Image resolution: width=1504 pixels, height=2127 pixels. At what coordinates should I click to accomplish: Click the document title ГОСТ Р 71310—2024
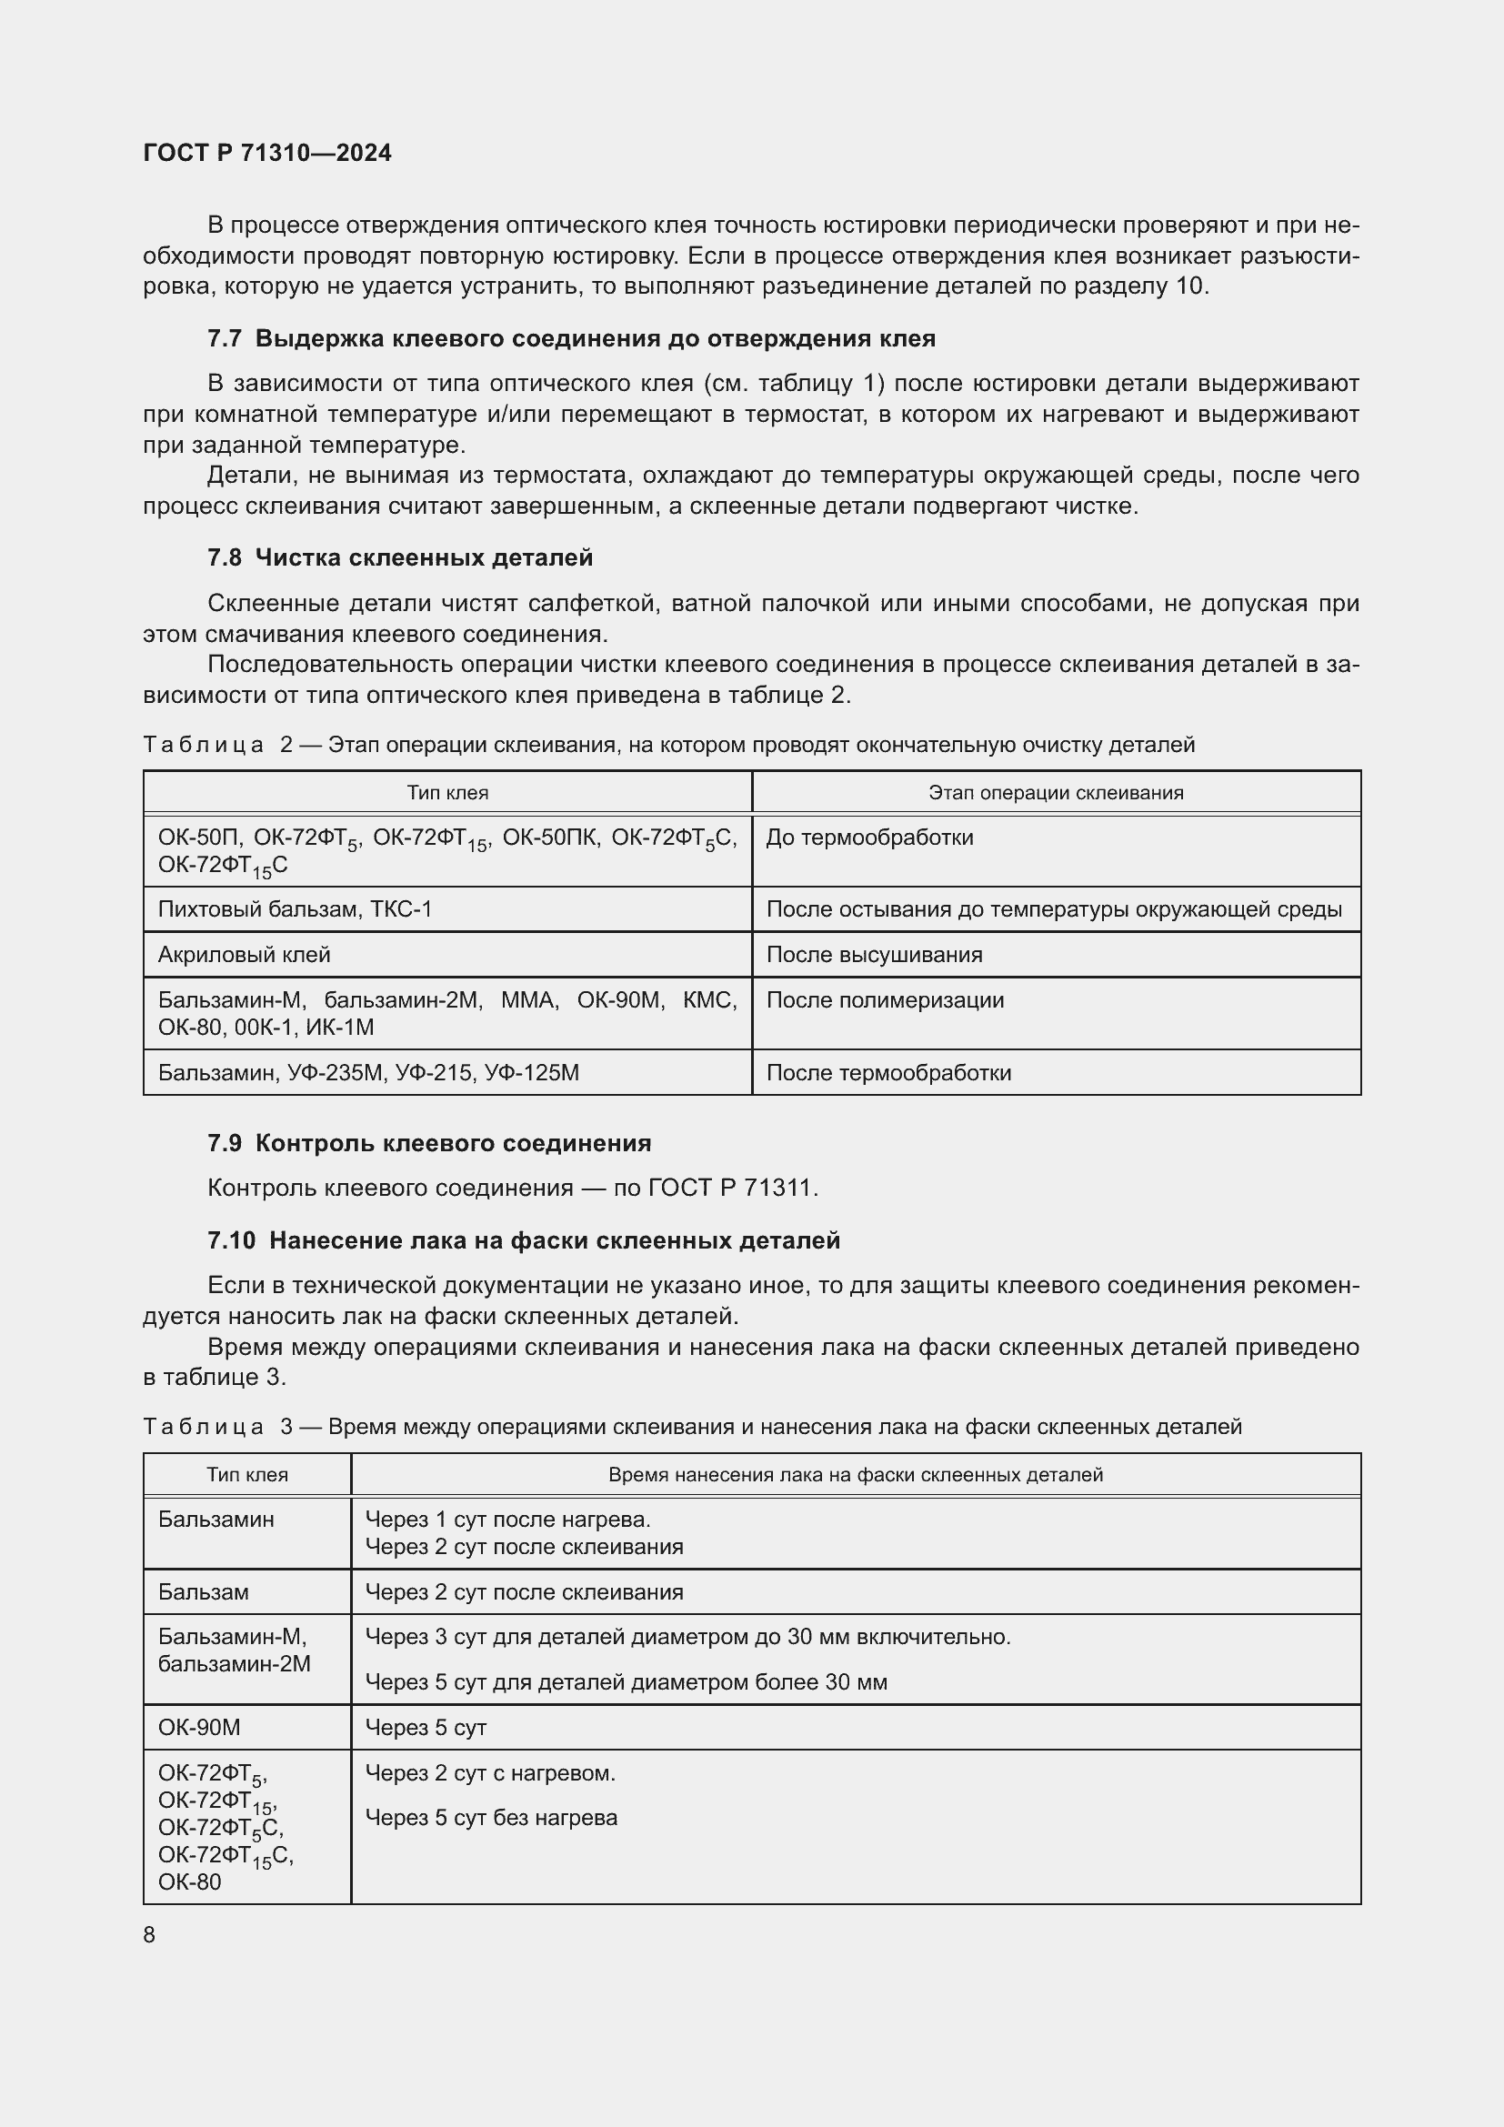(267, 153)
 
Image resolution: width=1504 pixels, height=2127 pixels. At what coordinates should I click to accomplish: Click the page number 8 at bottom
(149, 1934)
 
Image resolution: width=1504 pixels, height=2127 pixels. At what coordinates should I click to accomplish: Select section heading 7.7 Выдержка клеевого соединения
(571, 339)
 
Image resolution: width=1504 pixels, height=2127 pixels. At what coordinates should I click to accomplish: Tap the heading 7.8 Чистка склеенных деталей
(400, 557)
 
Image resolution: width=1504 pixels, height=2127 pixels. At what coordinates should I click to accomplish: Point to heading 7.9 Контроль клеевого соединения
(429, 1143)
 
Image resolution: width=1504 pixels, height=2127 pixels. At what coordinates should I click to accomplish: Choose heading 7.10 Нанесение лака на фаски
(523, 1240)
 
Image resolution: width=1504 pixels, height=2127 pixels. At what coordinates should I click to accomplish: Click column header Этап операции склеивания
(1056, 793)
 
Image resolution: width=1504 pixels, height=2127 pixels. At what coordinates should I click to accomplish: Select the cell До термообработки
(869, 838)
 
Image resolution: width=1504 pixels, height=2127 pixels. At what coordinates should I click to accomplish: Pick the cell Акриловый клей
(245, 954)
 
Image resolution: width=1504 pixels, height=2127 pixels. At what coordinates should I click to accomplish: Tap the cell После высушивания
(874, 954)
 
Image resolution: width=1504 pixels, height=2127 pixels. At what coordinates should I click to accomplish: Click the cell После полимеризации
(886, 999)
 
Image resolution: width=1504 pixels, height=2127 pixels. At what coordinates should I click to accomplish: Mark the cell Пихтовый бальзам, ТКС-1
(296, 908)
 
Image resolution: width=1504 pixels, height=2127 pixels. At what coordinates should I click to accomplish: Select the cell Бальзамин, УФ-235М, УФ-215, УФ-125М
(368, 1073)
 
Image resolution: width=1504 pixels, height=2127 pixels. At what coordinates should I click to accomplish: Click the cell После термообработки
(889, 1073)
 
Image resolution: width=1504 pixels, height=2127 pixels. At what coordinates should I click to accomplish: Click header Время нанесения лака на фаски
(856, 1475)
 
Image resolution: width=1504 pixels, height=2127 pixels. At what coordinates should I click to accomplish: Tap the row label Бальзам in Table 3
(204, 1591)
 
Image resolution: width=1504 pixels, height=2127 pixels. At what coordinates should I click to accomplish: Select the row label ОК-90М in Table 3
(199, 1727)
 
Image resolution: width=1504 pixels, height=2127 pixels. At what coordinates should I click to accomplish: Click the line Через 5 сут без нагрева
(491, 1818)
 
